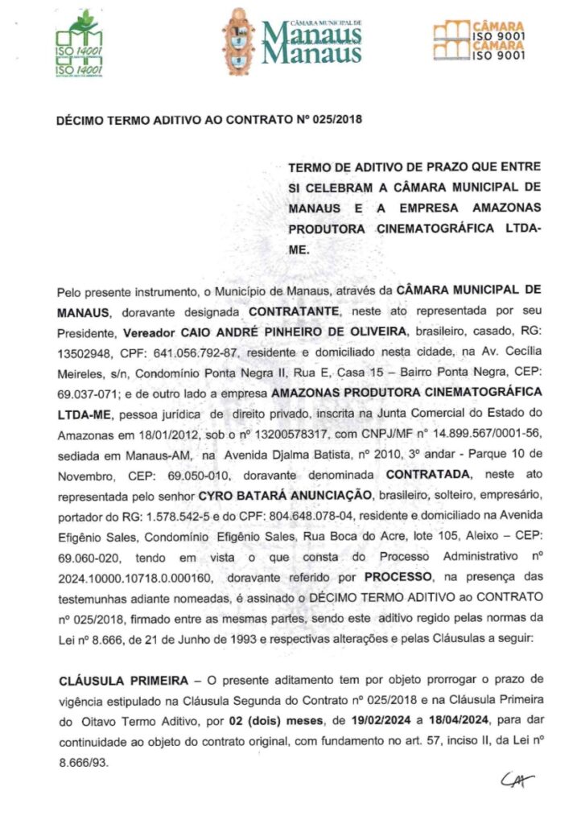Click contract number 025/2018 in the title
point(332,121)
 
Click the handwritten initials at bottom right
point(517,780)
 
